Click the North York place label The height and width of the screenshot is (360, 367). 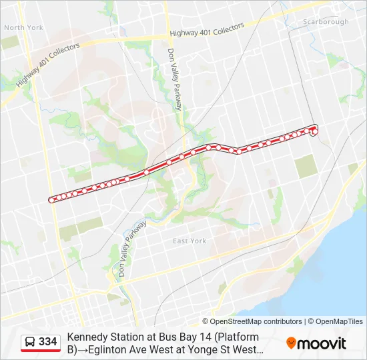click(x=23, y=27)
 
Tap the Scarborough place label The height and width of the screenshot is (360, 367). click(x=326, y=22)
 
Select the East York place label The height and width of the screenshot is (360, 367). click(x=190, y=241)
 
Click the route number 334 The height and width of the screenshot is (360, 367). click(x=48, y=342)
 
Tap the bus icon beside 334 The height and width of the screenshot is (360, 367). click(x=30, y=342)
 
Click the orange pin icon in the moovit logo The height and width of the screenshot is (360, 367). click(x=291, y=343)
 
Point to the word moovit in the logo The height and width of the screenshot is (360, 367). click(x=322, y=343)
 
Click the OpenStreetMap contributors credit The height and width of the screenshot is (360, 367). click(x=256, y=321)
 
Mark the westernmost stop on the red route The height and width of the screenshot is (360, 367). click(x=51, y=199)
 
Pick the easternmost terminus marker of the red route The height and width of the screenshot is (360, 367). click(x=315, y=132)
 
